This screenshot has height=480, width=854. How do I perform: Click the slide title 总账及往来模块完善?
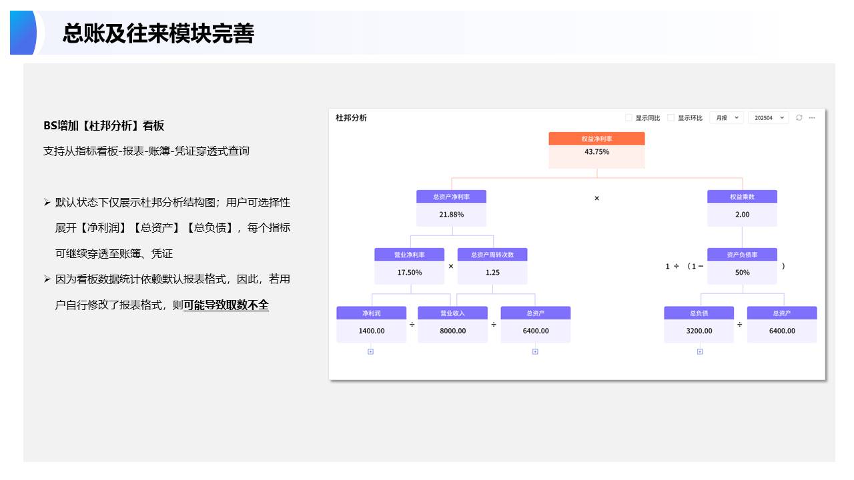[x=158, y=33]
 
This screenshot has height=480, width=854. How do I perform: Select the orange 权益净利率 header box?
[x=596, y=139]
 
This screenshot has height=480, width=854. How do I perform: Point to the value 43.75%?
[x=596, y=152]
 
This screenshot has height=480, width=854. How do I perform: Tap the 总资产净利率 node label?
[x=451, y=197]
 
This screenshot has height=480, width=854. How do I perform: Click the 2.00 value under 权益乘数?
[x=742, y=215]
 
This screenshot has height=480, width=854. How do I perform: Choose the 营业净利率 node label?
[x=409, y=255]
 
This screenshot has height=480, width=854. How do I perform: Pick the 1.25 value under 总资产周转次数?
[x=492, y=273]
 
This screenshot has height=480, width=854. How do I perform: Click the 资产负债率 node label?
[x=742, y=255]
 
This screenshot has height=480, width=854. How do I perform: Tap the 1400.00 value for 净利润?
[x=371, y=331]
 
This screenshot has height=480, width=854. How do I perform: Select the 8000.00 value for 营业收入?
[x=452, y=331]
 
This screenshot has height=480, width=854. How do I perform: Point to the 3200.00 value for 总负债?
[x=699, y=331]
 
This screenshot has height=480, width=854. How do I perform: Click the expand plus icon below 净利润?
[x=371, y=351]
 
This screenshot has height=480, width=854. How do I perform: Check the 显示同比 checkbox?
[x=628, y=118]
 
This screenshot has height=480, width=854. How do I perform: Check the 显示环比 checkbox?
[x=671, y=118]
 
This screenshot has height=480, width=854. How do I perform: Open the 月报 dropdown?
[x=726, y=118]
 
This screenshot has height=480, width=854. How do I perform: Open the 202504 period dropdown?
[x=768, y=118]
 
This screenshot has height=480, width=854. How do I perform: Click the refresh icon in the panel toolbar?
[x=799, y=118]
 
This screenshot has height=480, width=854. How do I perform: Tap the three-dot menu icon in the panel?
[x=812, y=118]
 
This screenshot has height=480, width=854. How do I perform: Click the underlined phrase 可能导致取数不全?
[x=226, y=305]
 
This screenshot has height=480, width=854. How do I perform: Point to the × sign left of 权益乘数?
[x=596, y=198]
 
